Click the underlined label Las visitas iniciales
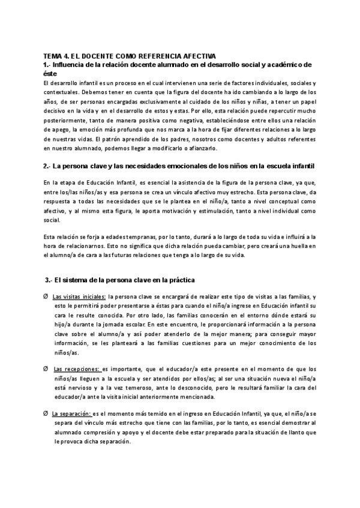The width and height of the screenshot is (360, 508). tap(79, 297)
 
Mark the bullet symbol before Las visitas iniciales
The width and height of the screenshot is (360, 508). tap(46, 297)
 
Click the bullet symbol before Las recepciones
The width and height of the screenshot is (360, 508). tap(46, 369)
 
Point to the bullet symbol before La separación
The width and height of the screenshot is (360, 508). tap(46, 413)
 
